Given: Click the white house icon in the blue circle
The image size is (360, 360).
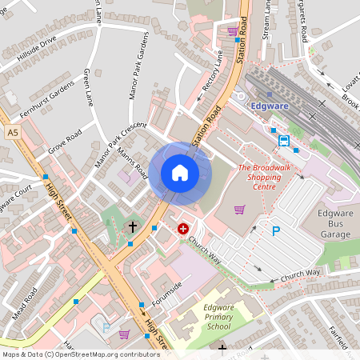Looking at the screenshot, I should click(x=179, y=173).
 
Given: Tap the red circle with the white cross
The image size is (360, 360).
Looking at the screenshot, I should click(x=183, y=229).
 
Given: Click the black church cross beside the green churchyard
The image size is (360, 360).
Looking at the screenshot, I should click(x=133, y=227).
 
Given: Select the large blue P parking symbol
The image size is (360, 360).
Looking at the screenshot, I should click(x=277, y=231).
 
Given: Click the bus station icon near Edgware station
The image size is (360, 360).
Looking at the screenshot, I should click(x=284, y=141).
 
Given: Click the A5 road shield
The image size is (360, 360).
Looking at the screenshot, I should click(x=11, y=131).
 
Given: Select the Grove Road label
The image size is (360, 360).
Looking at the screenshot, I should click(x=65, y=142).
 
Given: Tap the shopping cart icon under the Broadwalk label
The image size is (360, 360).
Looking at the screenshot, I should click(x=238, y=210).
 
